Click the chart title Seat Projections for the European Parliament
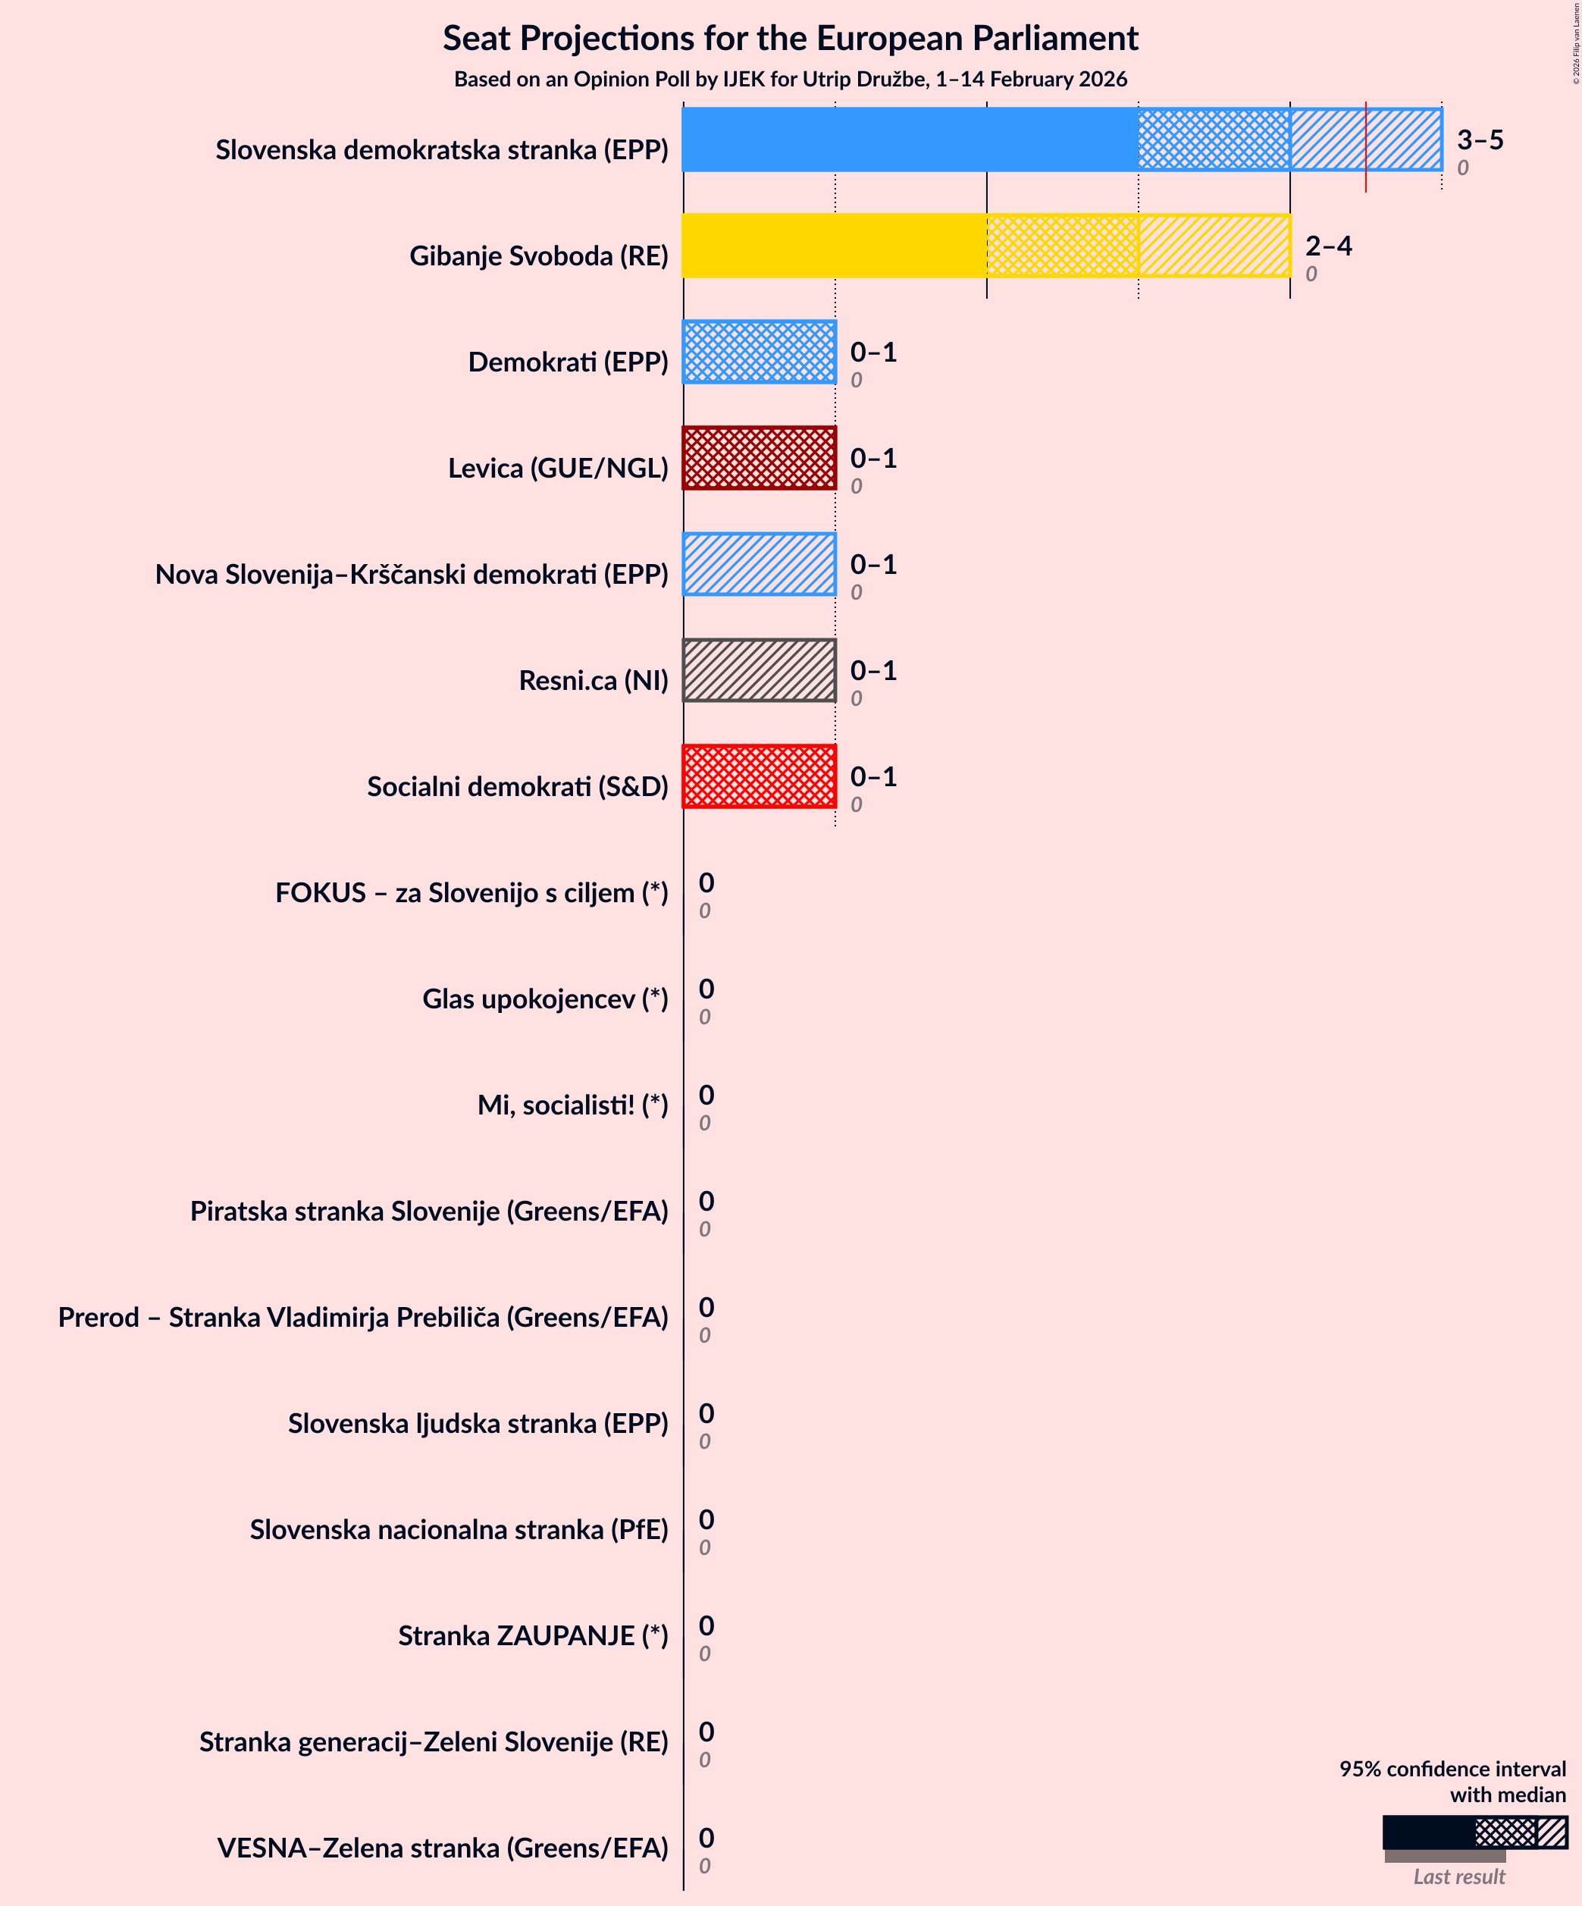[x=790, y=38]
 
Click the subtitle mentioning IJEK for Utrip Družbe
[x=790, y=79]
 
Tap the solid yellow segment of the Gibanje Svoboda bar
[x=833, y=246]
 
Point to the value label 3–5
[x=1480, y=140]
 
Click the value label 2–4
[x=1328, y=246]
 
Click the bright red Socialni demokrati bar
[x=759, y=777]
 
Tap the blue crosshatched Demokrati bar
[x=759, y=352]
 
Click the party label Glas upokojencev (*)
[x=544, y=999]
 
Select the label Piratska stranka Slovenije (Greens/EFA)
[x=428, y=1212]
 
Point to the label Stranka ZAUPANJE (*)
[x=533, y=1635]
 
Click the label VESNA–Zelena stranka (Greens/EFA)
[x=442, y=1848]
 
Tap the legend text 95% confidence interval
[x=1452, y=1769]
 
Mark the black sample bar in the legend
[x=1427, y=1832]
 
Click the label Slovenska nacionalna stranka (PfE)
[x=459, y=1529]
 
